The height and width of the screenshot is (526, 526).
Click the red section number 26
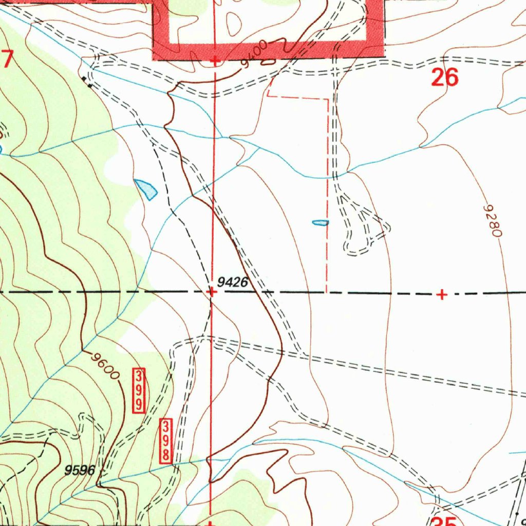tap(445, 78)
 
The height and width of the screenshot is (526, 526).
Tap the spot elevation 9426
tap(232, 281)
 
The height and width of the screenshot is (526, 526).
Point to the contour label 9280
tap(492, 220)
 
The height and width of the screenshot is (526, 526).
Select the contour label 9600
tap(105, 365)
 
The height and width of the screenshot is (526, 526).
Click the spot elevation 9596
tap(80, 469)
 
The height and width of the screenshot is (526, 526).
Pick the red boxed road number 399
tap(138, 389)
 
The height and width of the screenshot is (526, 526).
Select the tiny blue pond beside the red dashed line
tap(320, 222)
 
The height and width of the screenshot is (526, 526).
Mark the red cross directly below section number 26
tap(442, 294)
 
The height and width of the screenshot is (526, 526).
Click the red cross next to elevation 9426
tap(211, 292)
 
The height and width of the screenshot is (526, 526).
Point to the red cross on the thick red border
tap(215, 61)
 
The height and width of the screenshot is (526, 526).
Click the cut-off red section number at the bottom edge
tap(446, 521)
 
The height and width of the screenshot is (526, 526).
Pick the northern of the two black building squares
tap(84, 79)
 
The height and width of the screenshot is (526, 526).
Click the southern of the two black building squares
tap(90, 86)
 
